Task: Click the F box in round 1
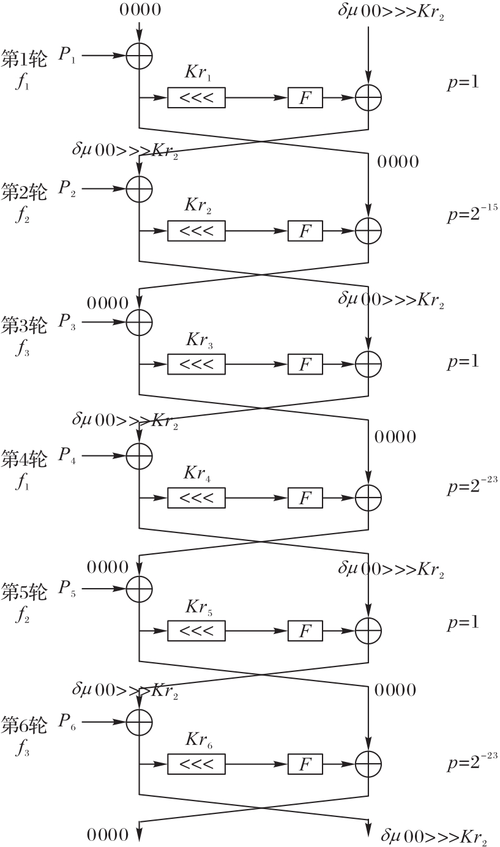[305, 97]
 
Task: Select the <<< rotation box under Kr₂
[196, 231]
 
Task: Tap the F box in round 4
[305, 498]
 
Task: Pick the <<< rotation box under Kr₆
[196, 764]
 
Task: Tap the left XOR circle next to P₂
[139, 189]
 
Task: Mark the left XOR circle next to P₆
[139, 722]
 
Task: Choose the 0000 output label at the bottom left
[108, 835]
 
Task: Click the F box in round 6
[305, 764]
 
